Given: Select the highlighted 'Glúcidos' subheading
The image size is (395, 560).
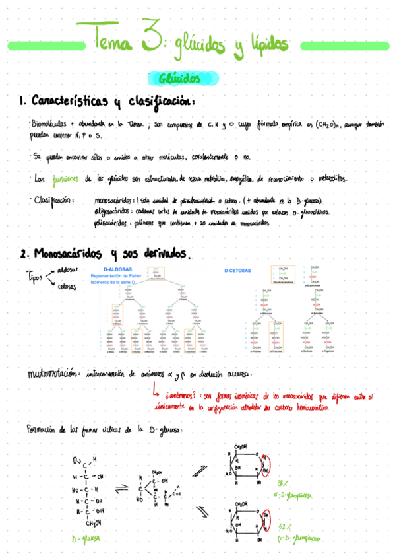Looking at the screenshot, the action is [179, 79].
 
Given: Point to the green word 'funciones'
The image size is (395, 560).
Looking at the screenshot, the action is [65, 179].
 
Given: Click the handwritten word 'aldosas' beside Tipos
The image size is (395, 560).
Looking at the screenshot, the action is [67, 269].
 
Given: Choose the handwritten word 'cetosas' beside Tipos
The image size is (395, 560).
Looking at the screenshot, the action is [67, 287].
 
